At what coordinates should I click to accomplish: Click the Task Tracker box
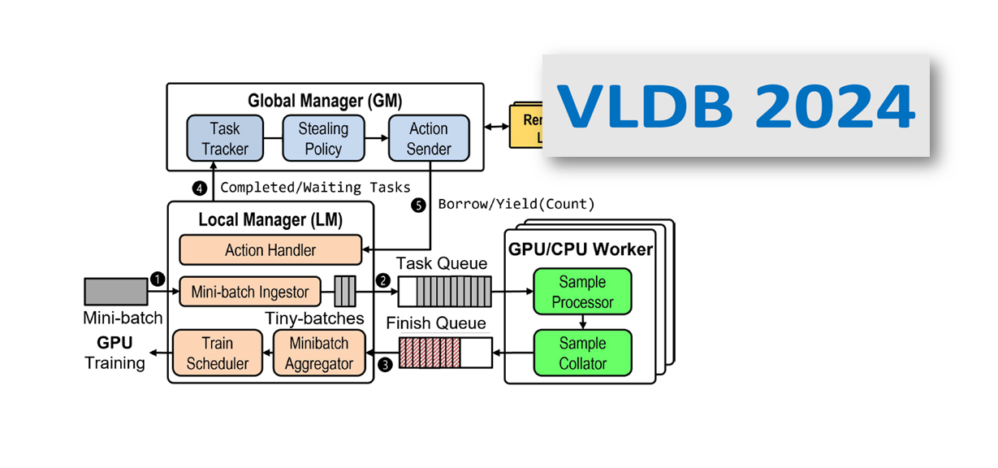[225, 138]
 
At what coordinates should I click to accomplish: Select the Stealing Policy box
[323, 138]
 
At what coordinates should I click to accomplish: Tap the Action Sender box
[429, 138]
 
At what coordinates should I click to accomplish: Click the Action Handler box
[270, 250]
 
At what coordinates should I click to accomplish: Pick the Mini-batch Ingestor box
[250, 291]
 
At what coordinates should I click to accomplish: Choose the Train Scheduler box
[218, 353]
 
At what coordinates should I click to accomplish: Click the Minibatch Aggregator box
[318, 353]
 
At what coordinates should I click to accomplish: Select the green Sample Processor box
[582, 292]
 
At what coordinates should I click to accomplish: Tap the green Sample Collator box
[582, 353]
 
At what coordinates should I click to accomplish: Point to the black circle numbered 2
[382, 279]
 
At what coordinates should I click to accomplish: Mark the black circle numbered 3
[384, 365]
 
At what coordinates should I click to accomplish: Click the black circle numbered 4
[200, 188]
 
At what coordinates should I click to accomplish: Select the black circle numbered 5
[418, 206]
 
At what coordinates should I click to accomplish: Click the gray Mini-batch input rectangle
[116, 292]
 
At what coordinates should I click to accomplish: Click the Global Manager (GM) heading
[325, 102]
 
